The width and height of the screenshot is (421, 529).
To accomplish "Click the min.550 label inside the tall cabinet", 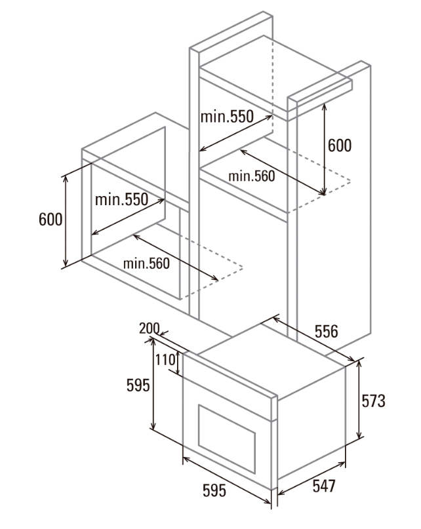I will (x=227, y=117).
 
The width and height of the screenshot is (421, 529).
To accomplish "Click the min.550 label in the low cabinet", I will (x=121, y=200).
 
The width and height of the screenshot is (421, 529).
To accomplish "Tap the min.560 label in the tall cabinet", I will (x=252, y=176).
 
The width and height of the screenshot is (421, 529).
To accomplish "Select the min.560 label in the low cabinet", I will (x=146, y=263).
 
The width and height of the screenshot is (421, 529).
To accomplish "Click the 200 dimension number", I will (x=150, y=329).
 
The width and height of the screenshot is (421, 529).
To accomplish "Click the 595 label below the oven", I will (x=213, y=489).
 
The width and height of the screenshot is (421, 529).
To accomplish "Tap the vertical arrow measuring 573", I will (x=359, y=401).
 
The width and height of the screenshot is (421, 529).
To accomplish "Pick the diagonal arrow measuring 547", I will (x=312, y=473).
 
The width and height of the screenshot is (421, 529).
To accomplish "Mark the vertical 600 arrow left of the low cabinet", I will (x=66, y=221).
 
